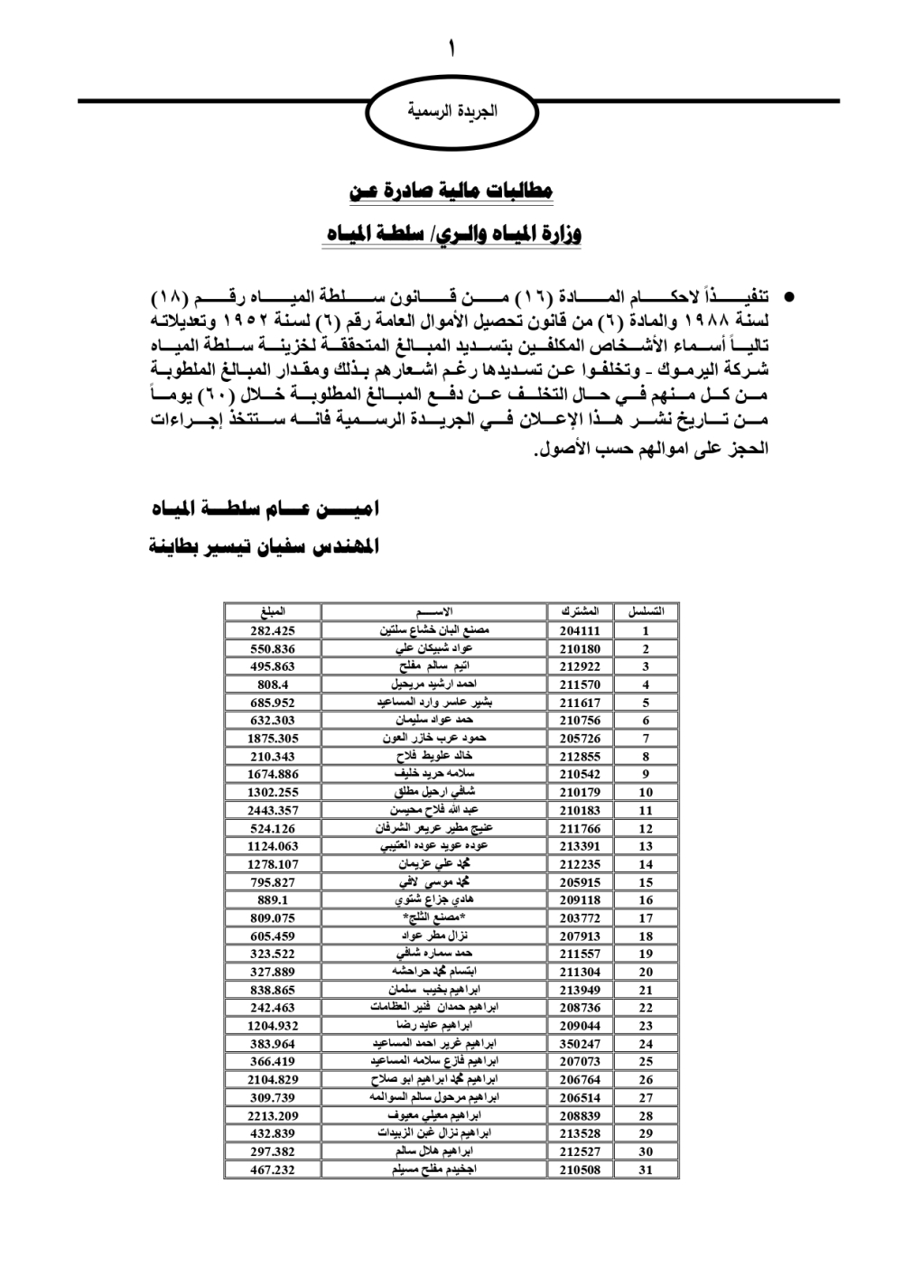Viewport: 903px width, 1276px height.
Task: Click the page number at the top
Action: coord(451,47)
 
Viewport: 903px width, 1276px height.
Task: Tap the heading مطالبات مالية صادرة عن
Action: coord(451,191)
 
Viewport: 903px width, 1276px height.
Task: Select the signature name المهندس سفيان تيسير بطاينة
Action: coord(265,547)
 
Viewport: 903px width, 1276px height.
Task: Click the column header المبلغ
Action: coord(272,612)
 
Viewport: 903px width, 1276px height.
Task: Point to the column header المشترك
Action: coord(580,612)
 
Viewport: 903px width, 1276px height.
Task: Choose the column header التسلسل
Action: coord(646,612)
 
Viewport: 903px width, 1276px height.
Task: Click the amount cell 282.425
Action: coord(272,631)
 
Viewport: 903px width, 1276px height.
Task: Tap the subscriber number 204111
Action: coord(580,631)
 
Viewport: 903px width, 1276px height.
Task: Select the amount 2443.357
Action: coord(272,810)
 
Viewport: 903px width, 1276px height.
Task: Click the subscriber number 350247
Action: coord(580,1044)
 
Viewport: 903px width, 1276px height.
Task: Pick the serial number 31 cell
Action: coord(646,1169)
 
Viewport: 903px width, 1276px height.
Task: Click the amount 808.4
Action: coord(272,685)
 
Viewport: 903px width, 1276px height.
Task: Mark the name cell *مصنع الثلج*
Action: coord(434,918)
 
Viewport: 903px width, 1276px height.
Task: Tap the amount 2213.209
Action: coord(272,1115)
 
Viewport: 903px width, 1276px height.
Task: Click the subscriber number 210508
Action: coord(580,1169)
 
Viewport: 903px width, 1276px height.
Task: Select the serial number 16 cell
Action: coord(646,900)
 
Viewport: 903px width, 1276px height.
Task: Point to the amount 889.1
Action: coord(272,900)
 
